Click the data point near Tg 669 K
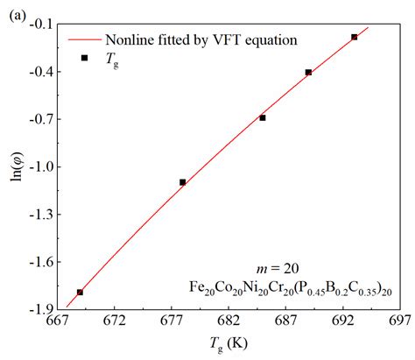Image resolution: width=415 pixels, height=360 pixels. pyautogui.click(x=80, y=292)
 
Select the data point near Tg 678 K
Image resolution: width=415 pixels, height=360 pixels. pyautogui.click(x=182, y=182)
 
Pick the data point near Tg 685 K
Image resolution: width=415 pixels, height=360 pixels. pyautogui.click(x=263, y=117)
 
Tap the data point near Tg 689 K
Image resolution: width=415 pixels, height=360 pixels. pyautogui.click(x=308, y=72)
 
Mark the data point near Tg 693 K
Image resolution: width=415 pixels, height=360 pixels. pyautogui.click(x=354, y=37)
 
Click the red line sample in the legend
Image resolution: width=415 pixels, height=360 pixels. pyautogui.click(x=84, y=39)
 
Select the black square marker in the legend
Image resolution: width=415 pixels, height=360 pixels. pyautogui.click(x=85, y=58)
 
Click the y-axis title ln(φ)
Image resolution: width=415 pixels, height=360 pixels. pyautogui.click(x=15, y=166)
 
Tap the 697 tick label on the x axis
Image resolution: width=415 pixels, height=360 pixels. pyautogui.click(x=400, y=322)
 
